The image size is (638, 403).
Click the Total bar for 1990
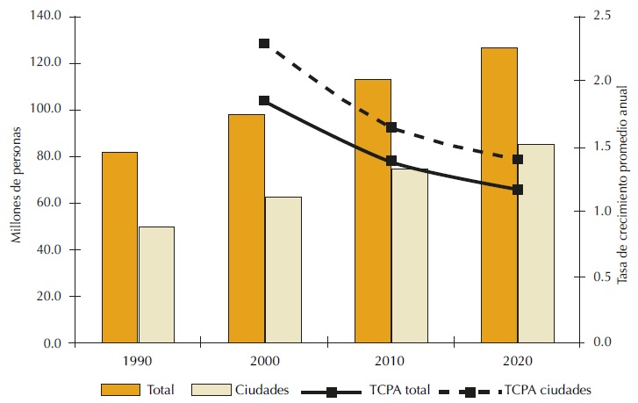119,247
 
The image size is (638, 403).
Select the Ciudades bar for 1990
156,284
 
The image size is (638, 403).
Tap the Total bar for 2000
246,228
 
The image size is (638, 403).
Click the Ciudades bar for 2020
535,243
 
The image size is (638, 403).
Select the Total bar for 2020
498,195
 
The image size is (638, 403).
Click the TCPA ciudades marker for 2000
263,43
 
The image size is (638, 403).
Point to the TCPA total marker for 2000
263,101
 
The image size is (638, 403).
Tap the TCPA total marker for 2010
391,162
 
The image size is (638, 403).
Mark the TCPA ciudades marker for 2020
518,159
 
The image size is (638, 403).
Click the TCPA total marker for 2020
518,190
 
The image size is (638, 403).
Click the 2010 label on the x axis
391,361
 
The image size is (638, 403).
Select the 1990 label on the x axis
139,361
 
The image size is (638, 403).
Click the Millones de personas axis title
16,179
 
